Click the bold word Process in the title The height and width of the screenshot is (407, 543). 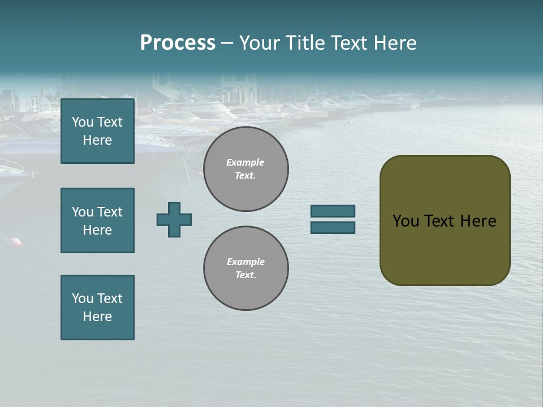pyautogui.click(x=178, y=43)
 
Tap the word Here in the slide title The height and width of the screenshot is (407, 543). pyautogui.click(x=395, y=43)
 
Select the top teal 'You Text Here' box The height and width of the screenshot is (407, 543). pyautogui.click(x=97, y=131)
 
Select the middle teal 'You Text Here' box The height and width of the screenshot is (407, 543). pyautogui.click(x=97, y=220)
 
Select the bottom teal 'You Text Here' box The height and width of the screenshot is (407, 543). pyautogui.click(x=97, y=308)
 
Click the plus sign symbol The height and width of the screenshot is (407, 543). pyautogui.click(x=174, y=219)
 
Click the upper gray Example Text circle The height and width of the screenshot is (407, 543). pyautogui.click(x=246, y=169)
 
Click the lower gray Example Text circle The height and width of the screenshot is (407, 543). pyautogui.click(x=246, y=269)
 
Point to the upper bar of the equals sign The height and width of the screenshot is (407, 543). pyautogui.click(x=333, y=211)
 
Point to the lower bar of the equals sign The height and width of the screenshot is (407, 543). pyautogui.click(x=333, y=227)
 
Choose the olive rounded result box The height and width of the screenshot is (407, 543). pyautogui.click(x=445, y=220)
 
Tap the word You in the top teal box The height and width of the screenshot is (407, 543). pyautogui.click(x=83, y=122)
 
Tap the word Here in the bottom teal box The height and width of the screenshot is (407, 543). pyautogui.click(x=97, y=317)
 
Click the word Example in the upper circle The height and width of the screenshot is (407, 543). pyautogui.click(x=245, y=162)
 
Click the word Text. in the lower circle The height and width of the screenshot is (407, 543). pyautogui.click(x=245, y=275)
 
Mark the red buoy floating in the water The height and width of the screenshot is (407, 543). pyautogui.click(x=16, y=242)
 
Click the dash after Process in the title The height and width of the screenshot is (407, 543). pyautogui.click(x=227, y=43)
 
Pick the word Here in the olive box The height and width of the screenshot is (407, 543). pyautogui.click(x=478, y=221)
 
